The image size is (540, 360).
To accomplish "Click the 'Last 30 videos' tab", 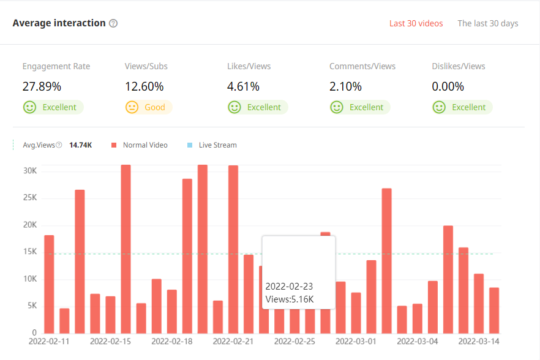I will point(416,23).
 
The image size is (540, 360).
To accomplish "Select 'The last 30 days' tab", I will point(487,23).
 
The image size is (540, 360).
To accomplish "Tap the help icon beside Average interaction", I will point(113,23).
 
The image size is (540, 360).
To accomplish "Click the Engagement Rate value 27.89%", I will point(42,86).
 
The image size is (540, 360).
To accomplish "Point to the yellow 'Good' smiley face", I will point(132,107).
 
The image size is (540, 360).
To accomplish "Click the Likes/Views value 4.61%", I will point(243,86).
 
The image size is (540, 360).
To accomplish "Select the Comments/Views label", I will point(362,66).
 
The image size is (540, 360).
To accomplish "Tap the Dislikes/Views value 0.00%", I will point(448,86).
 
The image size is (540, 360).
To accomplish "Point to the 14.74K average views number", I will point(81,145).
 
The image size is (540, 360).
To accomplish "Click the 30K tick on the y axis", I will point(30,170).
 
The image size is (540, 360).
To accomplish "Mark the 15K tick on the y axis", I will point(30,252).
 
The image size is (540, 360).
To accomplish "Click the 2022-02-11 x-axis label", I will point(49,340).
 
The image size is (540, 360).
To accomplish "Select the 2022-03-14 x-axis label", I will point(479,340).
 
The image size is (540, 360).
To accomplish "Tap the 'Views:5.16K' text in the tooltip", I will point(290,299).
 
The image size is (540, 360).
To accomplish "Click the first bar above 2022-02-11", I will point(49,284).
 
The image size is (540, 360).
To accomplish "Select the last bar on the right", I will point(494,310).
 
